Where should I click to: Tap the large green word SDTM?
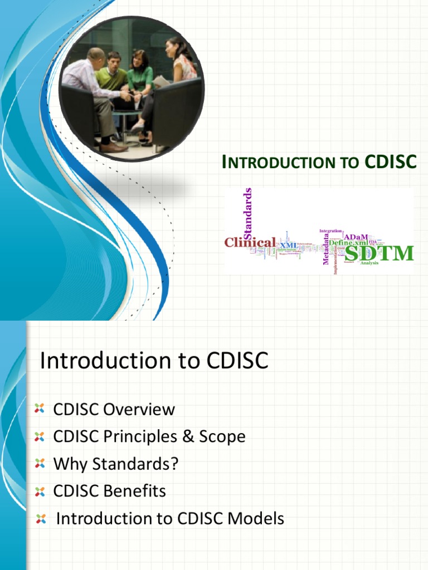click(379, 253)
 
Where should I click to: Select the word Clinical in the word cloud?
click(250, 243)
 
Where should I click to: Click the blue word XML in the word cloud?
click(288, 245)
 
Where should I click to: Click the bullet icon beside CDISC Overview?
click(39, 409)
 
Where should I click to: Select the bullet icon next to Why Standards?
click(39, 464)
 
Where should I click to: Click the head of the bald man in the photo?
click(96, 55)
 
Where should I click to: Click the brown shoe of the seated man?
click(114, 148)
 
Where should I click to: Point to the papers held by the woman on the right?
click(162, 82)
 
